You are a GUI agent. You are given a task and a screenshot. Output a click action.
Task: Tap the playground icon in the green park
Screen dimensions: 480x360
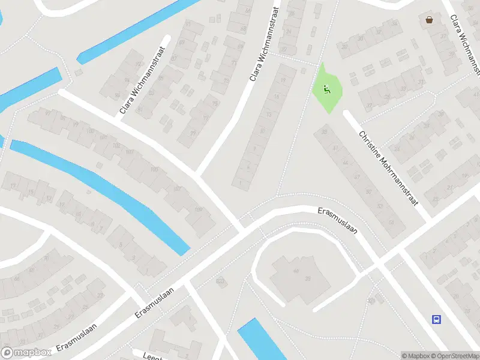(326, 90)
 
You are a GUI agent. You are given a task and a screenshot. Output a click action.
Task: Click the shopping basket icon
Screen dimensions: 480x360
(430, 19)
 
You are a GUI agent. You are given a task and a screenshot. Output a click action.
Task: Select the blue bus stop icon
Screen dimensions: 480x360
(436, 319)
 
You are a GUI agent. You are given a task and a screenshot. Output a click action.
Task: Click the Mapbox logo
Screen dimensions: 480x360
(26, 353)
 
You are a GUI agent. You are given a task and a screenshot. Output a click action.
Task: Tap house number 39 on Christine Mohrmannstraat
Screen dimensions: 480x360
(325, 132)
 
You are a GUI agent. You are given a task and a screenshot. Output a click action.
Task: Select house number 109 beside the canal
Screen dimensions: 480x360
(198, 209)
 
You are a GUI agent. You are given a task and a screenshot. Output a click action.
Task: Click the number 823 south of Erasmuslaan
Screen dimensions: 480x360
(220, 280)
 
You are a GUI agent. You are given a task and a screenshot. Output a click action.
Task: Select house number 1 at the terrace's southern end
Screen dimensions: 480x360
(241, 182)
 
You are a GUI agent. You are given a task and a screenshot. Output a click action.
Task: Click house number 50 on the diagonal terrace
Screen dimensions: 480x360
(368, 191)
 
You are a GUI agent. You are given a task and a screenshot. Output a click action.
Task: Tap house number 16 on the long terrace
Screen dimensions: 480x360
(277, 97)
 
